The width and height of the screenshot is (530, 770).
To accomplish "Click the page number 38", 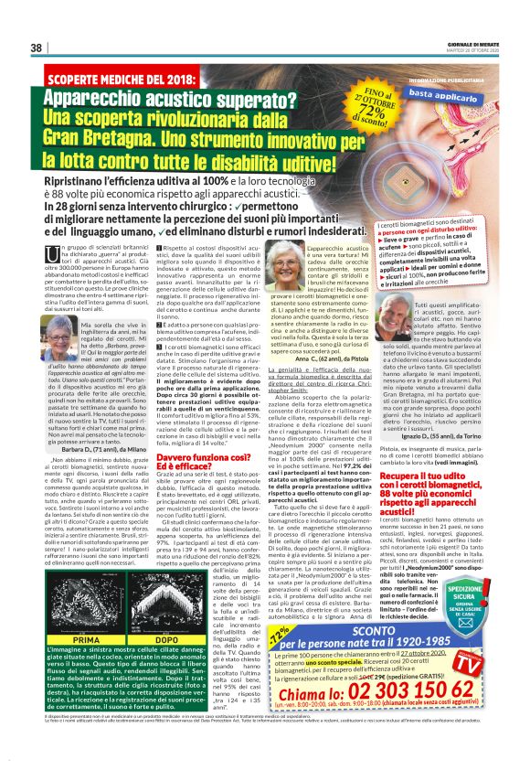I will [37, 48].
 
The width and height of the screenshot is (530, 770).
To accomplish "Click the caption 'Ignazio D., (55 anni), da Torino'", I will [439, 436].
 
